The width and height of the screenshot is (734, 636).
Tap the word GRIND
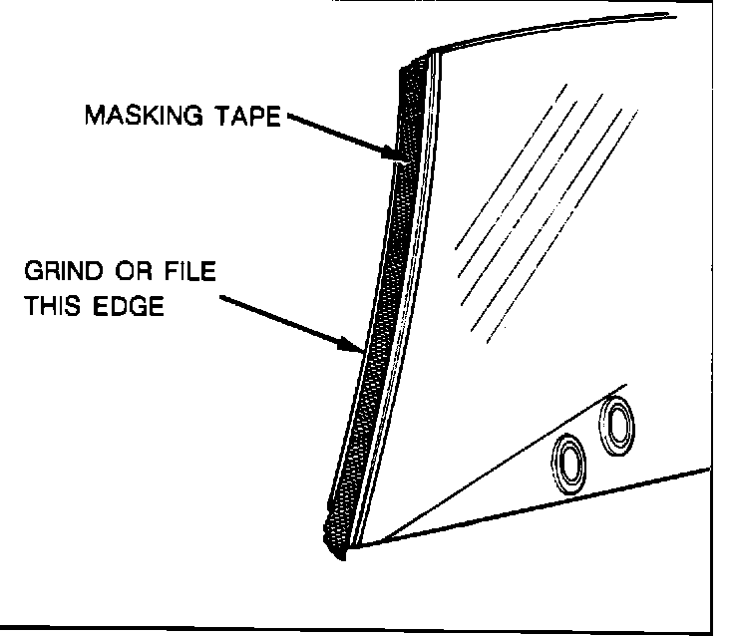click(62, 272)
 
